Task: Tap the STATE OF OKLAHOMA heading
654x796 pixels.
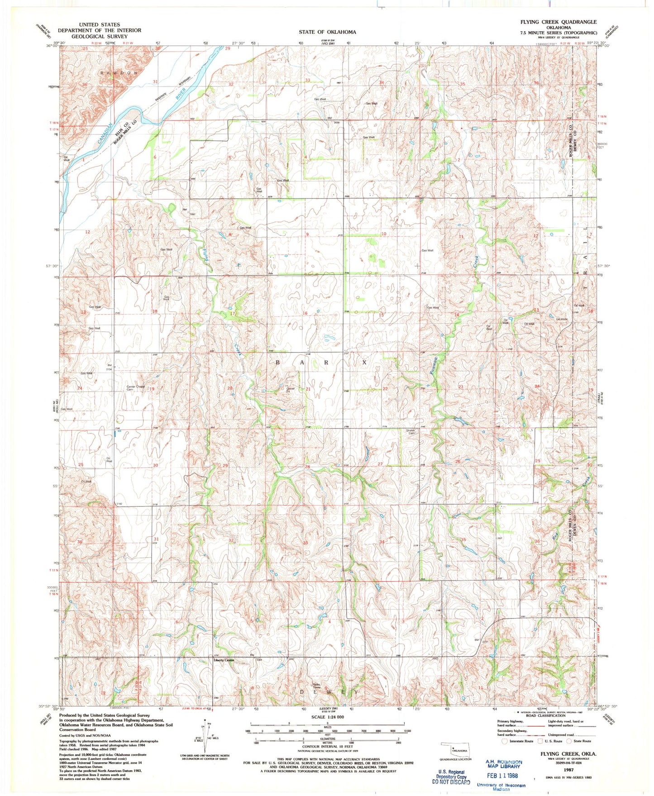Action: click(327, 32)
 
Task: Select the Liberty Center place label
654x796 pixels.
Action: click(224, 660)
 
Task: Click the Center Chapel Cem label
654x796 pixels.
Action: click(135, 388)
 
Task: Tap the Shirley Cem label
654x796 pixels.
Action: click(411, 432)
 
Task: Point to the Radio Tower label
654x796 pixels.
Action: click(316, 686)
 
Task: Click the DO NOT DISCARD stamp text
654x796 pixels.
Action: click(451, 782)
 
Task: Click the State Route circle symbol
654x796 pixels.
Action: click(570, 741)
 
